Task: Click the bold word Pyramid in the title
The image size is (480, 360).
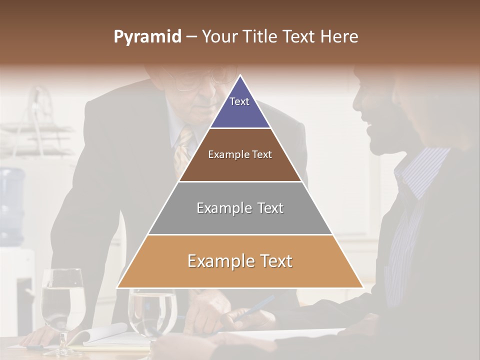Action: tap(147, 37)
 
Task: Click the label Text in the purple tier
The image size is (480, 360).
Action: tap(239, 101)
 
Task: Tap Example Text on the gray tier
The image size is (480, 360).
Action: tap(240, 208)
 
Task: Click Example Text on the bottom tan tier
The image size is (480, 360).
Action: tap(240, 261)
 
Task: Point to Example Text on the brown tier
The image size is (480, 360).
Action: tap(240, 154)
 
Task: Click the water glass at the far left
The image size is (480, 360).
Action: tap(62, 305)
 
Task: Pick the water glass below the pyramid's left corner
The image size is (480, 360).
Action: tap(152, 312)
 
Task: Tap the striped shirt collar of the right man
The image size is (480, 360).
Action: tap(420, 165)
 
